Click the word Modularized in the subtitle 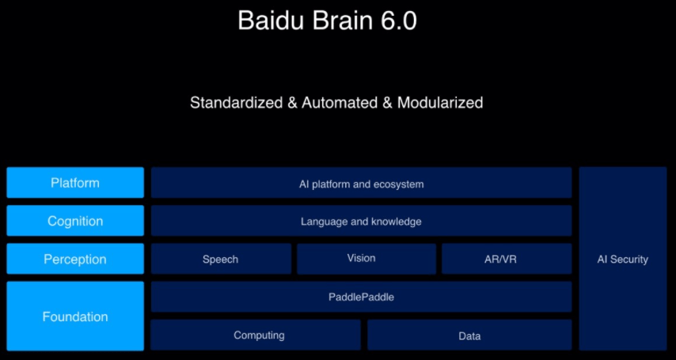pyautogui.click(x=440, y=103)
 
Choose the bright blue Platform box pyautogui.click(x=75, y=183)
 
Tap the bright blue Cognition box pyautogui.click(x=75, y=221)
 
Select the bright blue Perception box pyautogui.click(x=75, y=259)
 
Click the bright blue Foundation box pyautogui.click(x=75, y=316)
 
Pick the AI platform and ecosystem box pyautogui.click(x=361, y=184)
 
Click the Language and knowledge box pyautogui.click(x=361, y=222)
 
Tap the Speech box pyautogui.click(x=221, y=259)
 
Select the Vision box pyautogui.click(x=366, y=259)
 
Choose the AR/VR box pyautogui.click(x=506, y=259)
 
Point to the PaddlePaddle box pyautogui.click(x=361, y=297)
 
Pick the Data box pyautogui.click(x=469, y=335)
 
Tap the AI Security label pyautogui.click(x=622, y=259)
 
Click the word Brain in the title pyautogui.click(x=336, y=21)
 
